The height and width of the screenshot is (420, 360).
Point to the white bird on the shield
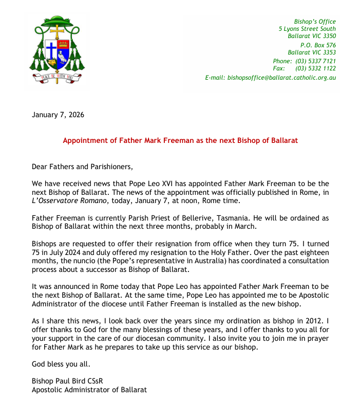click(63, 57)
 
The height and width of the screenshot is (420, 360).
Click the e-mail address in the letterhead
click(270, 78)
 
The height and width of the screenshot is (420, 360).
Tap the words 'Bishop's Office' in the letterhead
click(314, 22)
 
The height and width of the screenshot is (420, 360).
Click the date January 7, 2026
click(58, 115)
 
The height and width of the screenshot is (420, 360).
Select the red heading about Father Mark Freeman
click(180, 140)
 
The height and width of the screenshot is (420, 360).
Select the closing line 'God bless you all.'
click(61, 364)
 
